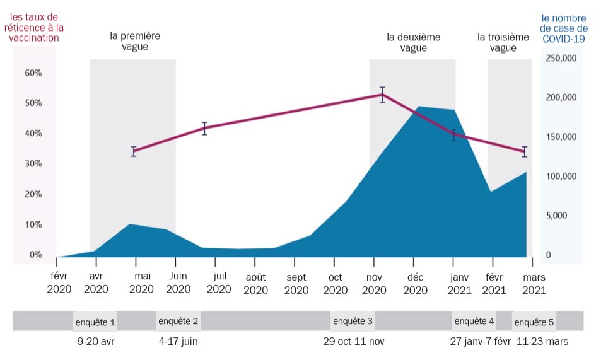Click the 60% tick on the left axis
pos(33,73)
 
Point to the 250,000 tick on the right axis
pos(561,58)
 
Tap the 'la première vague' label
pos(135,42)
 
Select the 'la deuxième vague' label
pos(413,42)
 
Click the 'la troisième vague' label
pos(503,42)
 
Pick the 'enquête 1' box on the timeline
pos(95,322)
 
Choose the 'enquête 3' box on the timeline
pos(353,321)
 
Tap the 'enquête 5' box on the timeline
pos(534,322)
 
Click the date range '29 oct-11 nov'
pos(353,341)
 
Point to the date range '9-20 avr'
pos(96,341)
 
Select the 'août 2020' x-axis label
pos(255,283)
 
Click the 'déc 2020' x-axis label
pos(415,283)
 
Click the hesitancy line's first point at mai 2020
pos(134,151)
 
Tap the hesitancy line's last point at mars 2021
pos(524,151)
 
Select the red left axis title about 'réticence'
pos(34,27)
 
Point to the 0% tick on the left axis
pos(33,255)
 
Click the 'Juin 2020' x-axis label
pos(178,283)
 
